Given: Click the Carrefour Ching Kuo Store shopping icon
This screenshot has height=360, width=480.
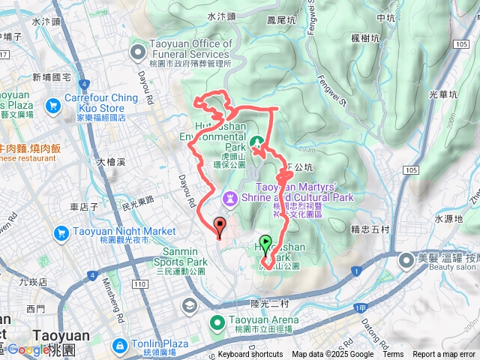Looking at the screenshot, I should coord(52,107).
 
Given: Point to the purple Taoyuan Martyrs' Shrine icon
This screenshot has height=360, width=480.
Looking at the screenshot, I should coord(229,199).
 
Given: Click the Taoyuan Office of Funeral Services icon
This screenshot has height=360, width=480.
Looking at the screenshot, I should coord(138,52).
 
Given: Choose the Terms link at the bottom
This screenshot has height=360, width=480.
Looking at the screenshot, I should coord(392,355).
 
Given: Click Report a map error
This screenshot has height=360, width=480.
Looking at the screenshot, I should coord(445,355).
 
